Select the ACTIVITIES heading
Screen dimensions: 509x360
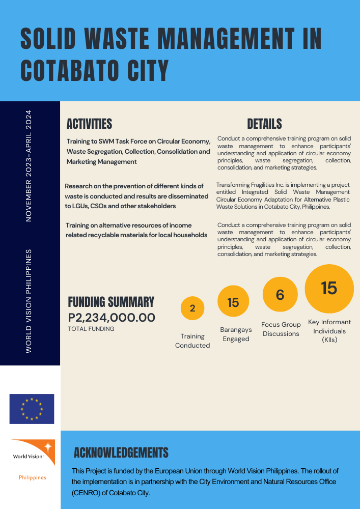pyautogui.click(x=89, y=124)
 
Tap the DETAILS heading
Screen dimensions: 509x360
pyautogui.click(x=264, y=124)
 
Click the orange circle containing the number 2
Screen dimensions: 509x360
pyautogui.click(x=192, y=308)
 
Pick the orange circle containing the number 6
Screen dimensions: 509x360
pyautogui.click(x=280, y=295)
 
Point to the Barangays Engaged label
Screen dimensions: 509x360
pyautogui.click(x=236, y=334)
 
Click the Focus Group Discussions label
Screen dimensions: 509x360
pyautogui.click(x=281, y=329)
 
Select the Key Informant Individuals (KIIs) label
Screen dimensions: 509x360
pyautogui.click(x=329, y=331)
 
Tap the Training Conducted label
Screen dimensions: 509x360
pyautogui.click(x=192, y=341)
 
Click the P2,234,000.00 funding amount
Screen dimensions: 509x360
pyautogui.click(x=112, y=318)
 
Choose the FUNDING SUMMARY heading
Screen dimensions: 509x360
pyautogui.click(x=111, y=302)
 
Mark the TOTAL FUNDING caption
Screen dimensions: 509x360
pyautogui.click(x=91, y=329)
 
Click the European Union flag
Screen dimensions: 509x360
pyautogui.click(x=32, y=409)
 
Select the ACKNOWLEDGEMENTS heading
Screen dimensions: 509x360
pyautogui.click(x=121, y=453)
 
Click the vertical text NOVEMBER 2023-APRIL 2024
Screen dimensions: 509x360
pyautogui.click(x=29, y=165)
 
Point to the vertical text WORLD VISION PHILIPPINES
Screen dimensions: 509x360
pyautogui.click(x=29, y=301)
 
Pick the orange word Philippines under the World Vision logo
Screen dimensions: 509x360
pyautogui.click(x=33, y=477)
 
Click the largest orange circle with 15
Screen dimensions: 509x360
pyautogui.click(x=329, y=288)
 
